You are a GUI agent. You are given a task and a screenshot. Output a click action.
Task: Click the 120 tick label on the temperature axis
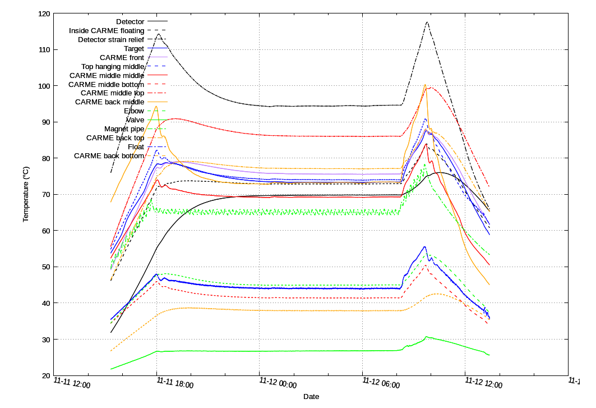[43, 13]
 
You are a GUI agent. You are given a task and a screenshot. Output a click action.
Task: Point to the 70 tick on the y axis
[45, 195]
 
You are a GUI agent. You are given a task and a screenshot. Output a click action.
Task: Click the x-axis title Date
[311, 397]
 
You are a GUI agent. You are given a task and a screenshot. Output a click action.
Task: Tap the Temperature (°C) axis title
[26, 194]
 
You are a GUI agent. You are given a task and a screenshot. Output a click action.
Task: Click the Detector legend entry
[130, 21]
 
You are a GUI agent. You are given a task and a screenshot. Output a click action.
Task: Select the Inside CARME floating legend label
[107, 30]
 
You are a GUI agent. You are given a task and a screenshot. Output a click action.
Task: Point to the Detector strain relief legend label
[111, 39]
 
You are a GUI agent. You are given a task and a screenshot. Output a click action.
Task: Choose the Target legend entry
[134, 49]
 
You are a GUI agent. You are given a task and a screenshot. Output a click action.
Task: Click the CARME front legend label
[122, 57]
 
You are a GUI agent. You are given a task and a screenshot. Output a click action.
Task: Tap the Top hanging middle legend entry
[113, 66]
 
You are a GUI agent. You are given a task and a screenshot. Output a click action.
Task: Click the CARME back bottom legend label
[109, 155]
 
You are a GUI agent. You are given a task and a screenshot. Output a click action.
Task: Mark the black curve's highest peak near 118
[427, 22]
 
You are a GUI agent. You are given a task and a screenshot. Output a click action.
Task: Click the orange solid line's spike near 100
[425, 85]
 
